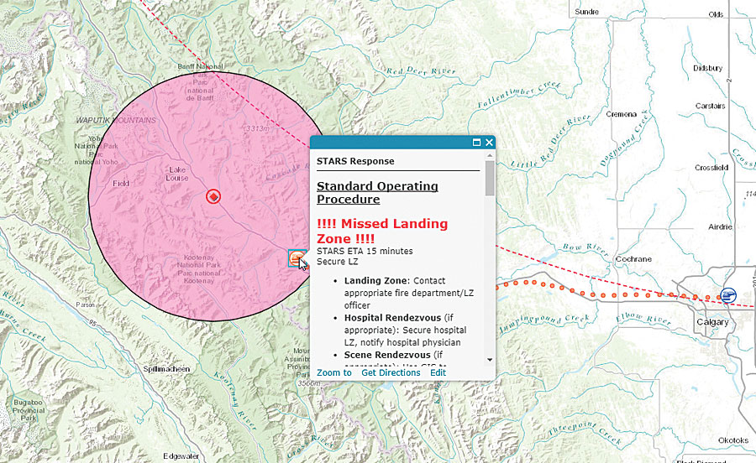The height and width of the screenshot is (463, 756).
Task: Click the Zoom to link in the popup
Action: pos(333,372)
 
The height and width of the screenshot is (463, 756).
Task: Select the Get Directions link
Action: pos(391,372)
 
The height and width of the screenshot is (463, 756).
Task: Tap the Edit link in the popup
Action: pos(438,372)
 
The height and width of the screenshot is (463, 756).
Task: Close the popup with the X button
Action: pos(489,143)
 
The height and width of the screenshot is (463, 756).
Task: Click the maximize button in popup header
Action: pos(476,143)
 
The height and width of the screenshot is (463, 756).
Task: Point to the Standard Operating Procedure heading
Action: pos(377,192)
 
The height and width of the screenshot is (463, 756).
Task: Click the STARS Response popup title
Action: pos(355,161)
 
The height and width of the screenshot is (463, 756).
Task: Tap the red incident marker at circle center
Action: pos(213,196)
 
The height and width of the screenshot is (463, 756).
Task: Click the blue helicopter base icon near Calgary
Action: pos(728,295)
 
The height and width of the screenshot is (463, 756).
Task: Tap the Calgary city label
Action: pos(711,322)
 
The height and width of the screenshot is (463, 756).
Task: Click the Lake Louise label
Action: pos(176,174)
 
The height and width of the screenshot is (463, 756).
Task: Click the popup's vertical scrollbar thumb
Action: pos(490,178)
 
